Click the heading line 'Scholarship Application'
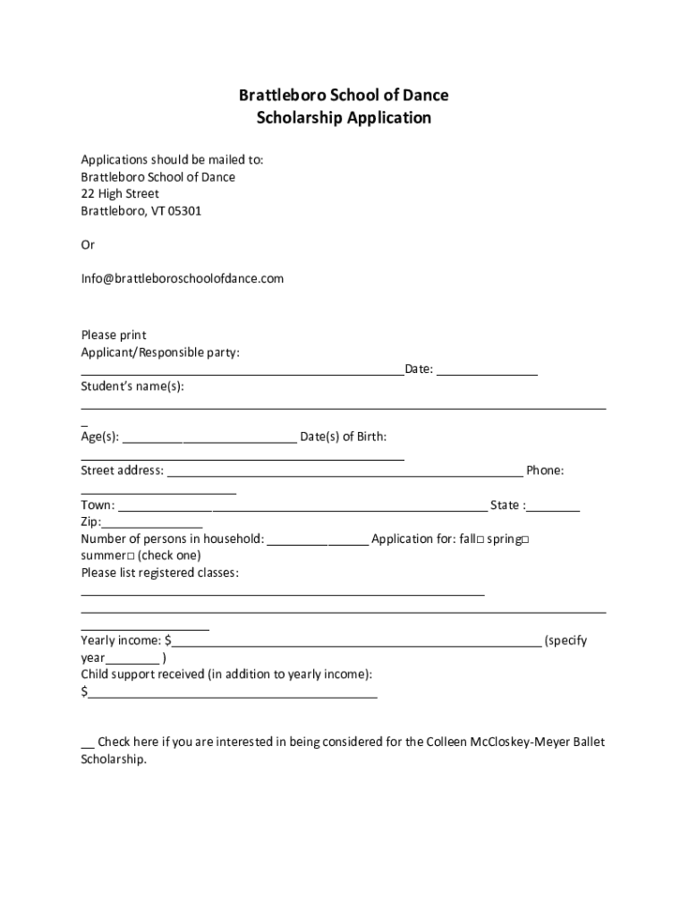coord(344,118)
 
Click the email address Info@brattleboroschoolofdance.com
coord(183,278)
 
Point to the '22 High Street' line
coord(120,194)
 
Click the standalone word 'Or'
coord(88,244)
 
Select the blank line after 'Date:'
coord(487,370)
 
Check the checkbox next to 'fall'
coord(481,539)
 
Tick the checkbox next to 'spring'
coord(525,539)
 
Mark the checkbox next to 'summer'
coord(131,556)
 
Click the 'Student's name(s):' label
coord(132,386)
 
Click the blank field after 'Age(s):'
coord(208,438)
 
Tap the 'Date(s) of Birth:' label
coord(344,437)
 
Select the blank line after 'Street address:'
coord(344,472)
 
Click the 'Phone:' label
coord(545,471)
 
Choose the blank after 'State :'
coord(554,507)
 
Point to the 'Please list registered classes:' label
coord(160,572)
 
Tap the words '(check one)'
coord(170,556)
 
